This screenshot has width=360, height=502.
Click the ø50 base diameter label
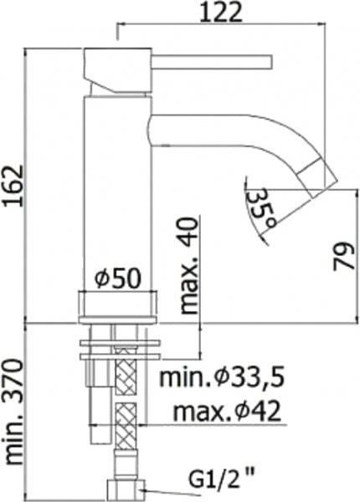click(x=116, y=279)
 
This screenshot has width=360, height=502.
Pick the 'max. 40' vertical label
click(x=192, y=265)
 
